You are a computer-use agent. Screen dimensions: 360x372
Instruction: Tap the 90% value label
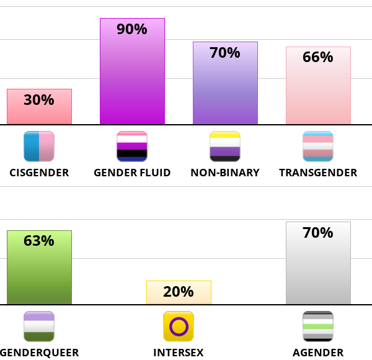tap(132, 29)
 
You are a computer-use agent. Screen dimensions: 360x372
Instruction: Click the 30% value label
tap(39, 100)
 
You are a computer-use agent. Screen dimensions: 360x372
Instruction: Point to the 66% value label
tap(318, 57)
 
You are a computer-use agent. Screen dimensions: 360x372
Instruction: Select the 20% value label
tap(179, 292)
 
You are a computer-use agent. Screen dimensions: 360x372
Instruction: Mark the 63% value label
tap(39, 241)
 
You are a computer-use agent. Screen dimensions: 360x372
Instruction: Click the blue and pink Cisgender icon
tap(39, 146)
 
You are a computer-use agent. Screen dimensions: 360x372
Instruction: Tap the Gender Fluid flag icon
tap(132, 146)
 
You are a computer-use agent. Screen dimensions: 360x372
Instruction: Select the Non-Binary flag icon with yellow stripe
tap(225, 146)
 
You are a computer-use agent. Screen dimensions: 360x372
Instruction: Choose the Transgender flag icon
tap(318, 146)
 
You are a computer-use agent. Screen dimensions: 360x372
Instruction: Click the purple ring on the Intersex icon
tap(179, 326)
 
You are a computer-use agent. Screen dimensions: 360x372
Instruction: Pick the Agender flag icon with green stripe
tap(318, 326)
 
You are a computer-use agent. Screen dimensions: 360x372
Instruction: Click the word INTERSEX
tap(179, 353)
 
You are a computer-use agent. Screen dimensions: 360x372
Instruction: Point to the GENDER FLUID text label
tap(132, 173)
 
